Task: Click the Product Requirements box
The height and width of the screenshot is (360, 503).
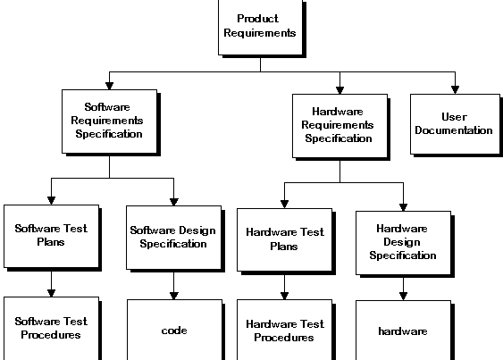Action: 261,28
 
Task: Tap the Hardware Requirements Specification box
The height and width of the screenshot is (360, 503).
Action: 340,126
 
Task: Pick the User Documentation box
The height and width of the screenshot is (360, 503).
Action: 456,124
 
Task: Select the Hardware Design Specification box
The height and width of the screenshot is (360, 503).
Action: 404,243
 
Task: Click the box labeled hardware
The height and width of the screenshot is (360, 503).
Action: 404,331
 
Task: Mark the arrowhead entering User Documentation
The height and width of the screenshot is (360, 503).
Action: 456,90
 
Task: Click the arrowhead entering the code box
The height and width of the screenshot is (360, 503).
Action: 174,296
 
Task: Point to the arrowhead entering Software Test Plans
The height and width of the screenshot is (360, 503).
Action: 51,200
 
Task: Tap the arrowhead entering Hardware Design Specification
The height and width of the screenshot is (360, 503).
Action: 404,207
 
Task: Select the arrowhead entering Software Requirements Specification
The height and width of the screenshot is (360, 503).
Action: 109,86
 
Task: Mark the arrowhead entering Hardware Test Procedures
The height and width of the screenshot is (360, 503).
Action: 284,296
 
